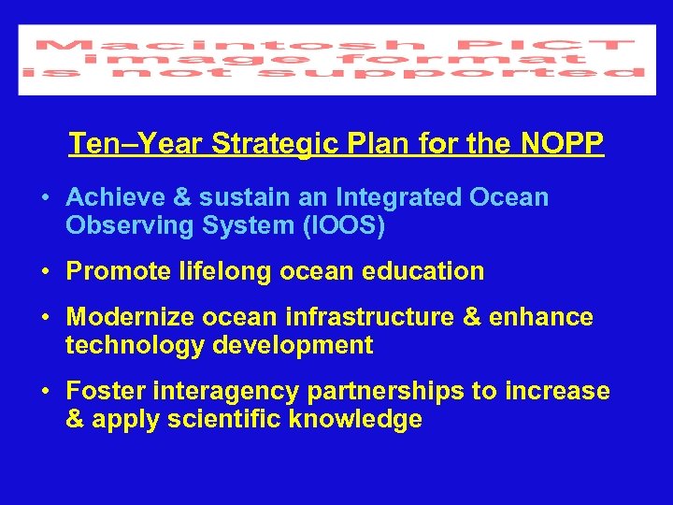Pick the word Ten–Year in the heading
tap(136, 144)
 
